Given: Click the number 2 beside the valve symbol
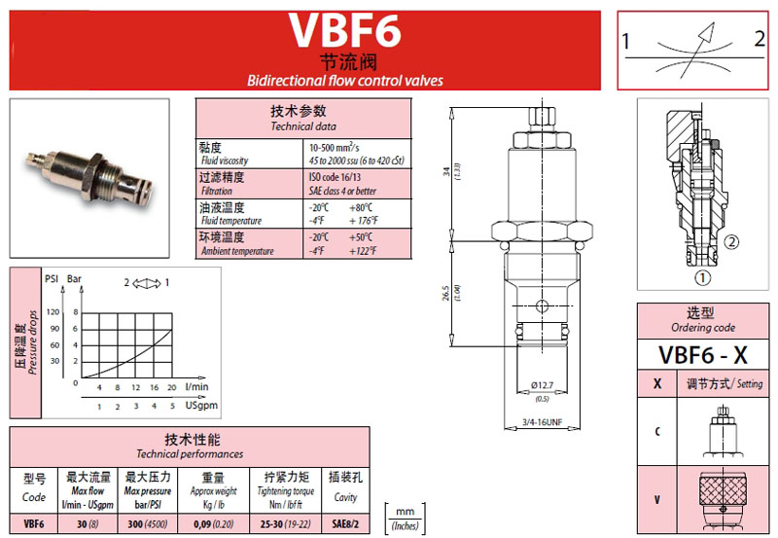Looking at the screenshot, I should click(760, 41).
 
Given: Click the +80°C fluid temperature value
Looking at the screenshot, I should click(364, 206).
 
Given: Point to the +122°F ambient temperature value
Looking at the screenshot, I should click(365, 251).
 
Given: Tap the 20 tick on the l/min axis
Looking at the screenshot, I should click(172, 388).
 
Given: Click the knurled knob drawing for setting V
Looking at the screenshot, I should click(722, 492).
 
